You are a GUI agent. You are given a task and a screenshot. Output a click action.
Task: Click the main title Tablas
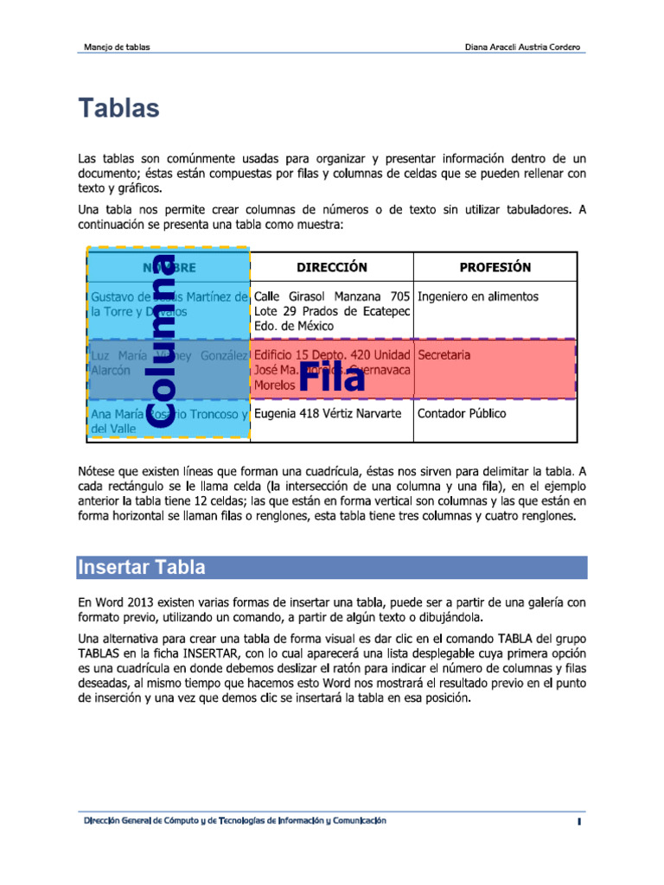pyautogui.click(x=119, y=109)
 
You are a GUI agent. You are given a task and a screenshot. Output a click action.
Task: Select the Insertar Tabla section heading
pyautogui.click(x=142, y=568)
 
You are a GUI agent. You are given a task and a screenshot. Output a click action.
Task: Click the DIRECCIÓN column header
pyautogui.click(x=332, y=267)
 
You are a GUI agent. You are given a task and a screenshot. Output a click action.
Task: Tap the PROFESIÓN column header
pyautogui.click(x=495, y=267)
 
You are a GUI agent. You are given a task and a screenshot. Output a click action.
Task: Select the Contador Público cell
pyautogui.click(x=462, y=414)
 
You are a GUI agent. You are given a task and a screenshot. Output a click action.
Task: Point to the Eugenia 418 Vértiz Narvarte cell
pyautogui.click(x=328, y=414)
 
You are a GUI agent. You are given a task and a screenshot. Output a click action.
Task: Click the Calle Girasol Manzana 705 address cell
pyautogui.click(x=331, y=311)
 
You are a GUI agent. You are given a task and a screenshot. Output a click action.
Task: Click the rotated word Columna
pyautogui.click(x=162, y=340)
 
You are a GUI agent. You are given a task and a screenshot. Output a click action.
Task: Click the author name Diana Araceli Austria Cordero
pyautogui.click(x=523, y=47)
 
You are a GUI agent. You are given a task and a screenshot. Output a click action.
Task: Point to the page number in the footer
pyautogui.click(x=578, y=822)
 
